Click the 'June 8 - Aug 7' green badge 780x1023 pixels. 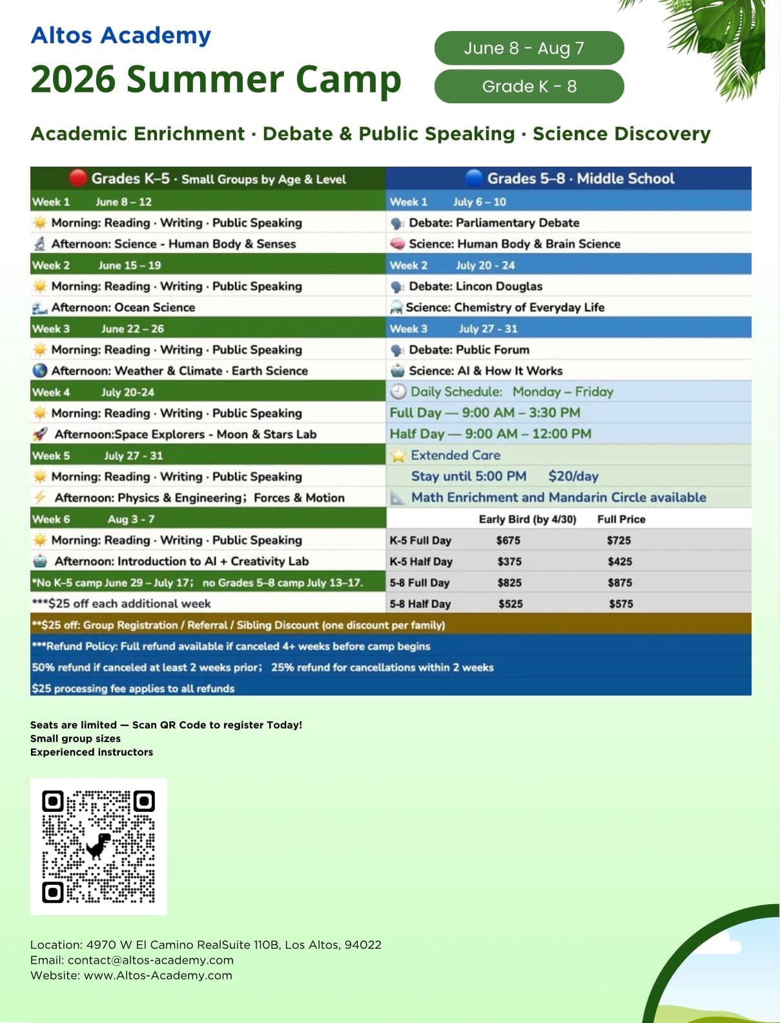point(529,48)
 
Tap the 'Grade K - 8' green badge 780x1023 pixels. point(529,87)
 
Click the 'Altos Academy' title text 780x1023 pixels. point(121,35)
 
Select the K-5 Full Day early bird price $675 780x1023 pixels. point(508,541)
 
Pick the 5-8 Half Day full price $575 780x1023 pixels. point(621,604)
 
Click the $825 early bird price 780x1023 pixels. point(509,583)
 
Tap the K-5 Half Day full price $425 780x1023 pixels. point(619,562)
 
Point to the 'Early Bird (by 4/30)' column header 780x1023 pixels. point(527,519)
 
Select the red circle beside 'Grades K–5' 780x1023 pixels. point(77,178)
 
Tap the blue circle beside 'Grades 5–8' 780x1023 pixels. point(473,178)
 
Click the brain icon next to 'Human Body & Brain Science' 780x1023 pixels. point(397,244)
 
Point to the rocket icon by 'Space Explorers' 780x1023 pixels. point(40,434)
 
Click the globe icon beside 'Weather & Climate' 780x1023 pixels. point(40,371)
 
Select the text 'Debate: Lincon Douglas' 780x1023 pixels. point(475,286)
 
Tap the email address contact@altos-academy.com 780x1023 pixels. point(150,960)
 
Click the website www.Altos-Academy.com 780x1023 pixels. point(158,975)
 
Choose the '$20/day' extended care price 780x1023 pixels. point(573,477)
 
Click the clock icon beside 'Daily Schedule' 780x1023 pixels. point(398,391)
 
